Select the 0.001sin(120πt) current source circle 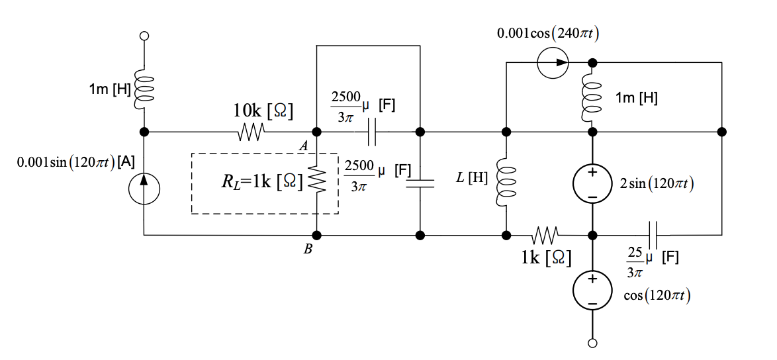tap(144, 189)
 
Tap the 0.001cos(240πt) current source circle tap(553, 63)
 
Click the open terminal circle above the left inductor tap(144, 36)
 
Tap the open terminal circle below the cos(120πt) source tap(592, 342)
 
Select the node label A tap(304, 146)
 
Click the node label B tap(308, 249)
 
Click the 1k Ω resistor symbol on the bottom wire tap(545, 235)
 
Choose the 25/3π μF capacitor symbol tap(653, 235)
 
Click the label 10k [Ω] tap(263, 112)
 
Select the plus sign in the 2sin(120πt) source tap(592, 173)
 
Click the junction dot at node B tap(317, 235)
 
